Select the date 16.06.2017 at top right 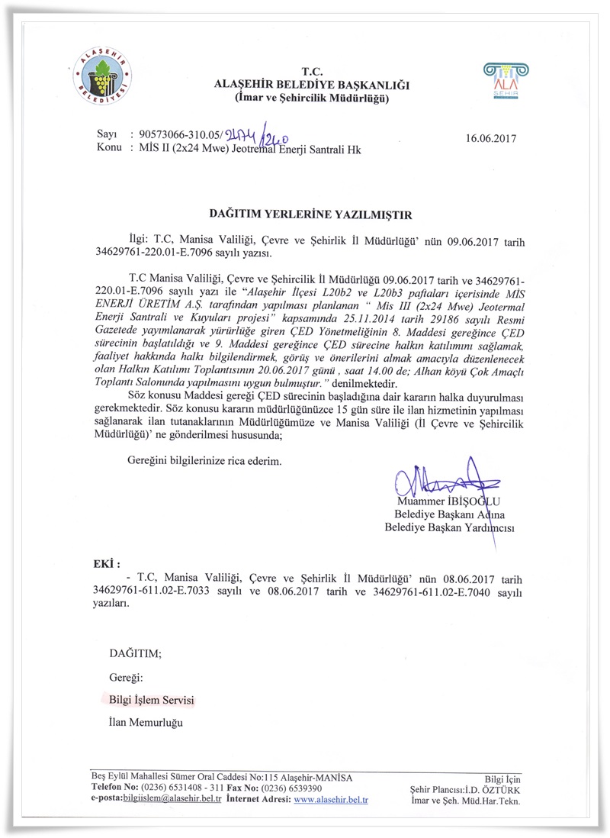(x=490, y=139)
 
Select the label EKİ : (x=106, y=564)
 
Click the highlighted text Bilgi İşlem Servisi (x=151, y=699)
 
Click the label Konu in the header (x=110, y=150)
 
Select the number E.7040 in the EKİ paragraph (x=472, y=591)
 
